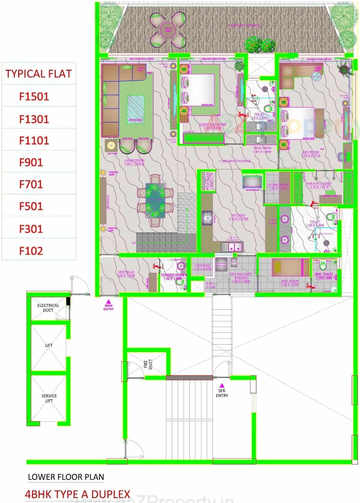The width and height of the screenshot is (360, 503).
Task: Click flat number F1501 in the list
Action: tap(34, 96)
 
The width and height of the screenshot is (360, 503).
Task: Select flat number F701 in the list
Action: tap(31, 184)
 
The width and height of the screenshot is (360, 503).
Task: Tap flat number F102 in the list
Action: tap(31, 251)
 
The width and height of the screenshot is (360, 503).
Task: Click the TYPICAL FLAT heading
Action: tap(38, 74)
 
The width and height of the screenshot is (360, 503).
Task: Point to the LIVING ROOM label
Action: tap(134, 161)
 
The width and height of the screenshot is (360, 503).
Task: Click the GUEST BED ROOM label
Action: tap(212, 125)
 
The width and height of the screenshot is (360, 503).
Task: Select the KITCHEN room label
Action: tap(238, 215)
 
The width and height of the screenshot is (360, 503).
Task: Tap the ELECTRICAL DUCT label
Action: tap(48, 308)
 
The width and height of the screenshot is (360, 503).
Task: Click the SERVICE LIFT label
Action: tap(49, 398)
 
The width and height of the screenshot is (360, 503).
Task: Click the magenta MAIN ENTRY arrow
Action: tap(109, 302)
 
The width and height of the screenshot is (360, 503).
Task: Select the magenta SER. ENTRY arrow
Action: tap(222, 385)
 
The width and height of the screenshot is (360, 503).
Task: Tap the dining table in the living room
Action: tap(155, 200)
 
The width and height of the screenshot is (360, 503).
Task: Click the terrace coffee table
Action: tap(168, 30)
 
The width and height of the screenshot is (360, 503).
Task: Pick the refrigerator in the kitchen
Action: tap(253, 182)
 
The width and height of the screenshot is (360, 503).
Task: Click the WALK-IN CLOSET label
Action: tap(319, 184)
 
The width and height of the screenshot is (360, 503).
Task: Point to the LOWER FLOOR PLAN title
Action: tap(66, 477)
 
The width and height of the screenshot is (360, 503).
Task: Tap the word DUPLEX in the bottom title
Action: tap(111, 494)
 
